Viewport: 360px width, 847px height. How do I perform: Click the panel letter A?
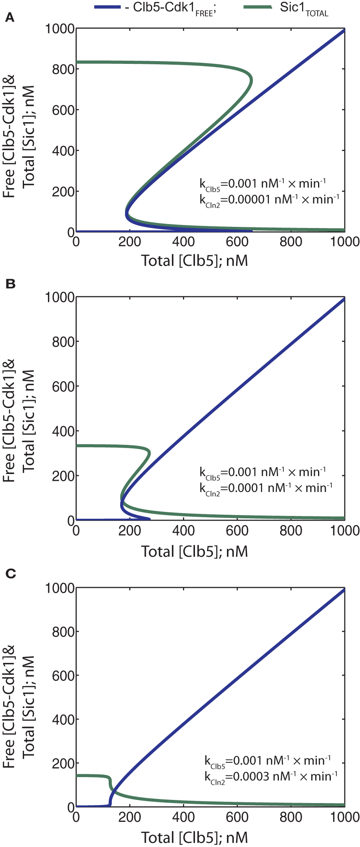[10, 18]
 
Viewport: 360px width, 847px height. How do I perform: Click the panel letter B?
[10, 284]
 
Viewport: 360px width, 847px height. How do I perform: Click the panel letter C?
[11, 574]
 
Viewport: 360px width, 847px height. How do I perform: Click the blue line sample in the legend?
[107, 8]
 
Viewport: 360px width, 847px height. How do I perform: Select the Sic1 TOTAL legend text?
[304, 9]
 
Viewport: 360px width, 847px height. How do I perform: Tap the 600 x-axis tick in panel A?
[237, 242]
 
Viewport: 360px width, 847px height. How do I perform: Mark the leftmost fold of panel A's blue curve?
[127, 214]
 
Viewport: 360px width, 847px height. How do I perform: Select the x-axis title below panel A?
[195, 260]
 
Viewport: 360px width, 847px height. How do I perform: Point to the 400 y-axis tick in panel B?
[64, 431]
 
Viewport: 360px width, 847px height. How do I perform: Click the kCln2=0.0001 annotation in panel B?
[266, 488]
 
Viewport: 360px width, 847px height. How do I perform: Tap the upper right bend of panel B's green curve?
[149, 452]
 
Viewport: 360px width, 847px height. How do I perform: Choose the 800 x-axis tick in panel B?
[291, 530]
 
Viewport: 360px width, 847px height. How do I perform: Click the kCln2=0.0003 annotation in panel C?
[271, 776]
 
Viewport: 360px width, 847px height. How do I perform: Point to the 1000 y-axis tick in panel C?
[60, 588]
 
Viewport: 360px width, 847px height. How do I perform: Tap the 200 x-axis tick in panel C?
[130, 817]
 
